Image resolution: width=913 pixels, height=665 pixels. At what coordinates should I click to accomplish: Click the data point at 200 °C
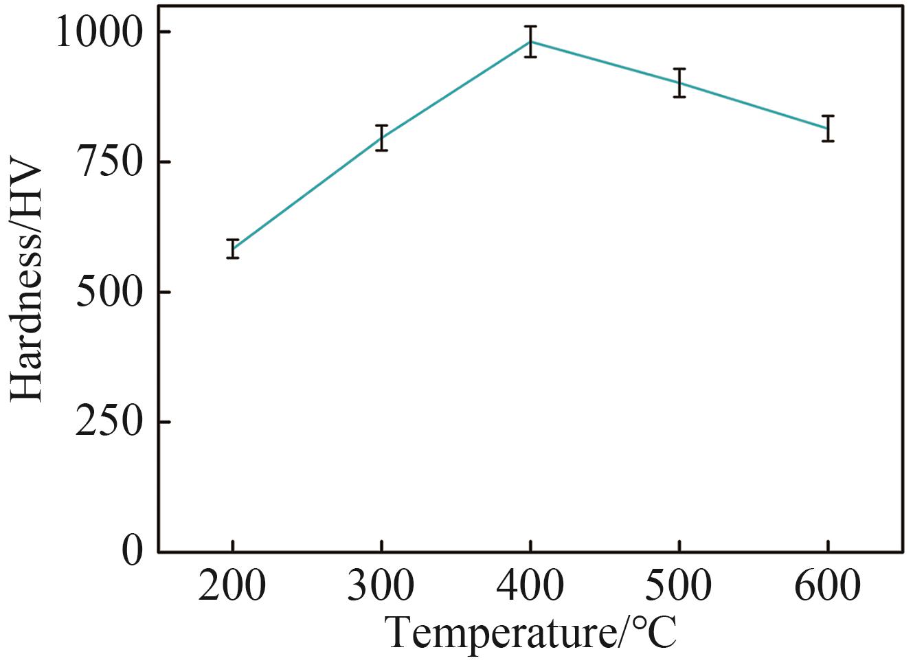(x=233, y=249)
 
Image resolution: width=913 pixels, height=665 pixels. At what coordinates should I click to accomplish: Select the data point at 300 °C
(x=381, y=138)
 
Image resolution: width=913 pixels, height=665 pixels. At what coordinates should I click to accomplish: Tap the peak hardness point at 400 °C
(x=530, y=41)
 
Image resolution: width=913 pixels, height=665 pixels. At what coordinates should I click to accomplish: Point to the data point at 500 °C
(x=679, y=83)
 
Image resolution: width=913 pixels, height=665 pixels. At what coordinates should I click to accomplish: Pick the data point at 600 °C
(x=828, y=128)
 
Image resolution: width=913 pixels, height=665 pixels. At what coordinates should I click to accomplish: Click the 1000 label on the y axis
(x=104, y=33)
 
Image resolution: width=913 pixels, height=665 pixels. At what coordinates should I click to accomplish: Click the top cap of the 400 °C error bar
(x=530, y=27)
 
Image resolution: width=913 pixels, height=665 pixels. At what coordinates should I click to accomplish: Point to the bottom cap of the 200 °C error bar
(x=233, y=258)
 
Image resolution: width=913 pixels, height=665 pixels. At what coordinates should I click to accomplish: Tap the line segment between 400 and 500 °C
(x=605, y=63)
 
